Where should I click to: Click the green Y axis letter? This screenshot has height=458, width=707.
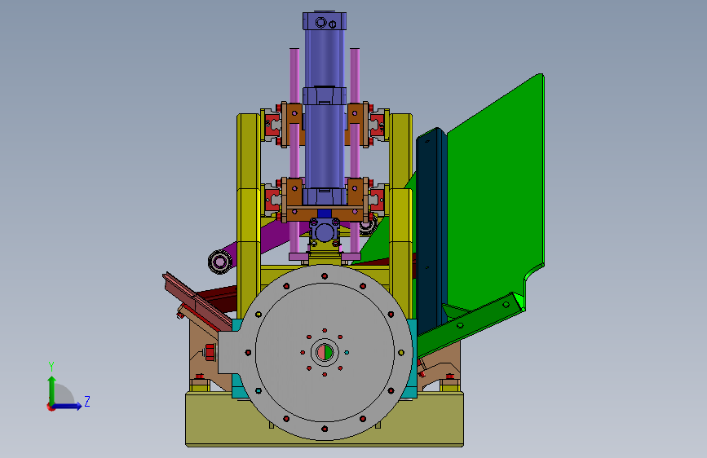[x=51, y=367]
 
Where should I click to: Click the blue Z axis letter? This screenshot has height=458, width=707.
[x=87, y=401]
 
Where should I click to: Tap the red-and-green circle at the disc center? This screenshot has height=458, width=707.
[x=325, y=352]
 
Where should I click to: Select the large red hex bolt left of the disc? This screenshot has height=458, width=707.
[x=210, y=352]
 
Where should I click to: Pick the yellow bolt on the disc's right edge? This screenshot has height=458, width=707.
[x=401, y=353]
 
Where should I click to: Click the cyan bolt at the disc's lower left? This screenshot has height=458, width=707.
[x=258, y=391]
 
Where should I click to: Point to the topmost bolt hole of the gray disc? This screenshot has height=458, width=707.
[x=325, y=276]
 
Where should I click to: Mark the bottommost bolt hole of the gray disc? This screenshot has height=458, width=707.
[x=325, y=429]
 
